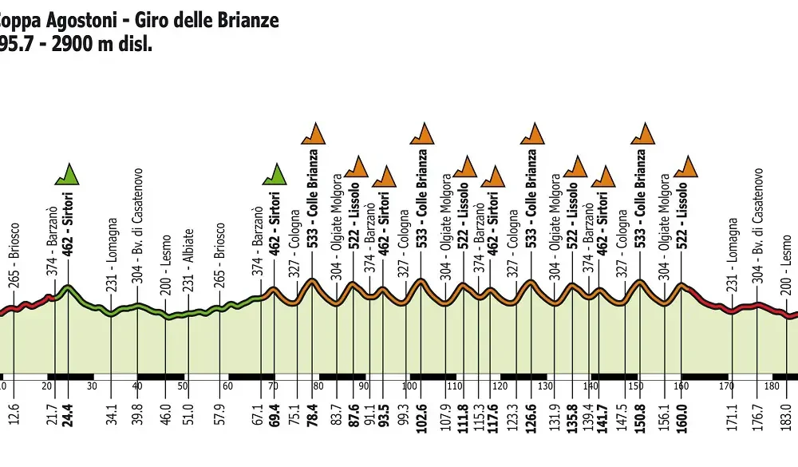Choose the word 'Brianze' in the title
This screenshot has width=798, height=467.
coord(247,19)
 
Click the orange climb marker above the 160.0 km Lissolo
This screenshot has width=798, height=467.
coord(685,166)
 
